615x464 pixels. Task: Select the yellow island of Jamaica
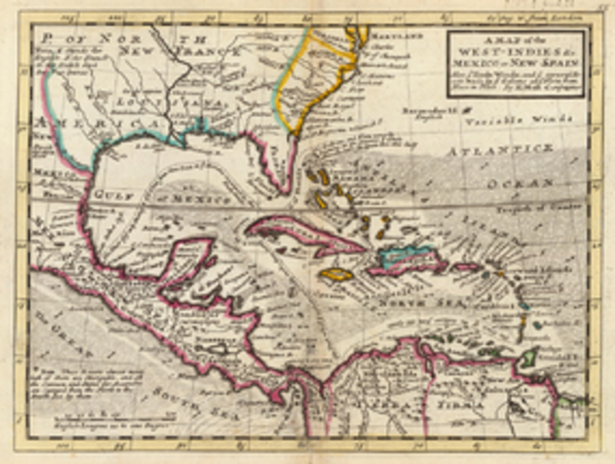coord(336,275)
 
